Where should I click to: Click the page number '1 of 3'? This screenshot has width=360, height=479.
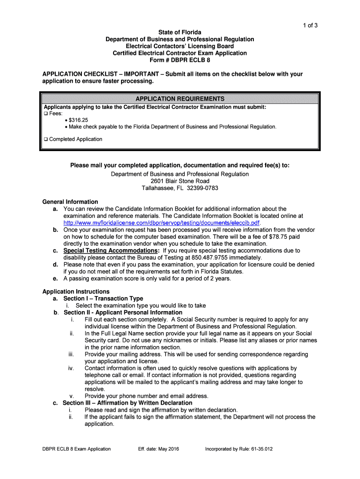[309, 25]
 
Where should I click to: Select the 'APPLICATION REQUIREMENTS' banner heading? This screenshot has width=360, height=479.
[180, 99]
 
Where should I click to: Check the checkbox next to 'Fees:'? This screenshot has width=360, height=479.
[46, 114]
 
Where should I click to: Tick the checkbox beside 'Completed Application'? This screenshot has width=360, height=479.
[46, 139]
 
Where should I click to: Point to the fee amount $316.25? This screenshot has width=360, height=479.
[78, 120]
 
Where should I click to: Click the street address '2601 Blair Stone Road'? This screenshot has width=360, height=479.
[180, 181]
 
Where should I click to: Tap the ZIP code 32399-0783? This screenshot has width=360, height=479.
[202, 188]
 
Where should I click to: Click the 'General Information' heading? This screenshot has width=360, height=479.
[70, 202]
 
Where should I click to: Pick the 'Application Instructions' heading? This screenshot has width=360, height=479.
[76, 292]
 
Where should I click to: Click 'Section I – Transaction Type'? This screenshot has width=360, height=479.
[103, 299]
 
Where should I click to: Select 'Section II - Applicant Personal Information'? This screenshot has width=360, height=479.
[123, 312]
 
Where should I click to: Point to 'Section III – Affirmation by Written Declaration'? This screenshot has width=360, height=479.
[128, 403]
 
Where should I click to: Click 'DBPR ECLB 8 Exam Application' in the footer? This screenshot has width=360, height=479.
[77, 449]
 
